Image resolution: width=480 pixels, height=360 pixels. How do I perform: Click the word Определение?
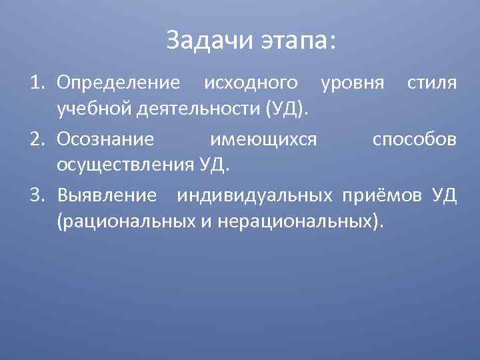click(119, 83)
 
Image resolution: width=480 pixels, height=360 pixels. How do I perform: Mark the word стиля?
click(432, 83)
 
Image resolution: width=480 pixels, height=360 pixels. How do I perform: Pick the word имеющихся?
click(263, 139)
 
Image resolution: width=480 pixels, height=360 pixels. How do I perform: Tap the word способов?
click(415, 139)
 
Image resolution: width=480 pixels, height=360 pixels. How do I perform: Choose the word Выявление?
click(107, 195)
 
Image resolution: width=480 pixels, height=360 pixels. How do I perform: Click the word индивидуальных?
click(255, 195)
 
